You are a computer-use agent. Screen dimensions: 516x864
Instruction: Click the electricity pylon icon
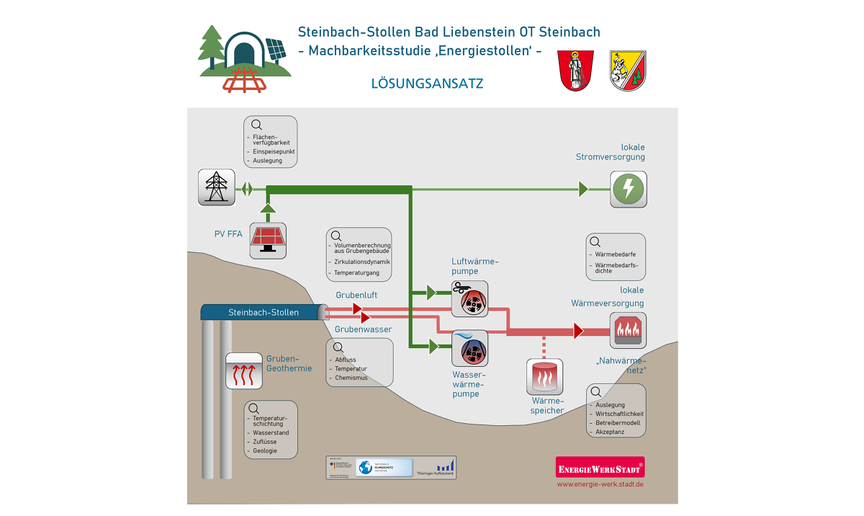(x=216, y=187)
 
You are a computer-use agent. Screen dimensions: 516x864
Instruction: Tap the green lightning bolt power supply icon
(x=628, y=189)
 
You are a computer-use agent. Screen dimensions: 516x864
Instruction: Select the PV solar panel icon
(x=268, y=241)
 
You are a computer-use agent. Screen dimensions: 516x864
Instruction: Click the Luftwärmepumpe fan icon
(x=469, y=298)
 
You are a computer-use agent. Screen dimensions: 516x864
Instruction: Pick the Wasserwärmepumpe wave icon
(x=469, y=348)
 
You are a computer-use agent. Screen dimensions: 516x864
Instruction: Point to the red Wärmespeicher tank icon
(x=544, y=377)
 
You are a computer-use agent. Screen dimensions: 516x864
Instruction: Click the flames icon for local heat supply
(x=628, y=331)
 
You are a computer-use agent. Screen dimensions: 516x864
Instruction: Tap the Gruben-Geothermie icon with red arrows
(x=243, y=370)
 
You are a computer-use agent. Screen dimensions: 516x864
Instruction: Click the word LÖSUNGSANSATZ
(x=427, y=84)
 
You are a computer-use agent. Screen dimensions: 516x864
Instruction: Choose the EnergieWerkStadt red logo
(x=600, y=468)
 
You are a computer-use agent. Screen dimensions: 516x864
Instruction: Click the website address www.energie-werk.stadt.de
(x=600, y=484)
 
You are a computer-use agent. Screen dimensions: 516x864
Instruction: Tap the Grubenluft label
(x=356, y=295)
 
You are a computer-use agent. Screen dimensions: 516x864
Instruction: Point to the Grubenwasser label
(x=364, y=329)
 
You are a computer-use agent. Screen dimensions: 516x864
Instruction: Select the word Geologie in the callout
(x=265, y=450)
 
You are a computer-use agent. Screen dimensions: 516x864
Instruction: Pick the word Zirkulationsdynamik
(x=362, y=262)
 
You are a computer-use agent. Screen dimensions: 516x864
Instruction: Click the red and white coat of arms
(x=576, y=70)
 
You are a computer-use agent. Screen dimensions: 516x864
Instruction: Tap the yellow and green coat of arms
(x=628, y=70)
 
